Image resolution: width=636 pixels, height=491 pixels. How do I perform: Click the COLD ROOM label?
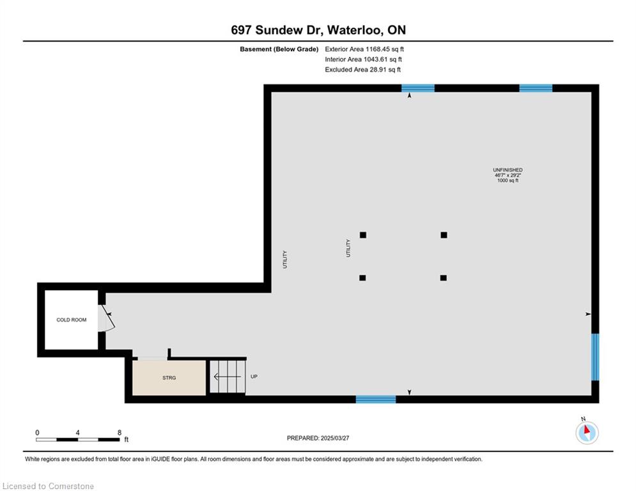(x=72, y=320)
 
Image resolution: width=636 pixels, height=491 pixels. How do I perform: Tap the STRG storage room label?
(x=169, y=378)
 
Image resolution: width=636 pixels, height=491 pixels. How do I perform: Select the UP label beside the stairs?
(x=254, y=377)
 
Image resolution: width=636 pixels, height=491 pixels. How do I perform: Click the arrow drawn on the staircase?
(x=227, y=377)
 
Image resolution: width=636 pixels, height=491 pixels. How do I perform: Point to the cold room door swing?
(x=107, y=318)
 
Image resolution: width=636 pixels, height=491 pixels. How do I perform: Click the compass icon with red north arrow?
(x=587, y=433)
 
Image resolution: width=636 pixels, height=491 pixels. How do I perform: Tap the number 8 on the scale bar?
(x=120, y=433)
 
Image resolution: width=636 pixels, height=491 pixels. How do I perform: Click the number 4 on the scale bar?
(x=77, y=433)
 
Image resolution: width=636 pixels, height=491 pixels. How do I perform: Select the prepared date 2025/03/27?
(x=335, y=438)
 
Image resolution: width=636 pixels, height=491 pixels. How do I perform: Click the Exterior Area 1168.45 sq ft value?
(x=364, y=49)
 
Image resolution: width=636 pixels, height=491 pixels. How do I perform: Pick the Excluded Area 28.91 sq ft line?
(x=362, y=70)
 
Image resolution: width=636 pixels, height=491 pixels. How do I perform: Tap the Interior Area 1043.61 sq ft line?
(x=364, y=59)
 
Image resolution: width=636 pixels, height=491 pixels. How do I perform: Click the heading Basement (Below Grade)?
(x=279, y=49)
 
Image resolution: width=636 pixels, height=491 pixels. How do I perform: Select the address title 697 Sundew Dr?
(x=276, y=30)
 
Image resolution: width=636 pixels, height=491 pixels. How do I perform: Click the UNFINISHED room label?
(x=508, y=170)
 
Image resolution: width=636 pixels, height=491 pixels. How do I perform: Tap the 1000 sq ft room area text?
(x=508, y=180)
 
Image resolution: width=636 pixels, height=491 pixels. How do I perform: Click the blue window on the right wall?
(x=595, y=357)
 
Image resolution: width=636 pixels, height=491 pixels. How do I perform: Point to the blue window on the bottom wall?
(x=376, y=400)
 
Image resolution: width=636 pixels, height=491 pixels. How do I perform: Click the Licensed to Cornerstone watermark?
(x=48, y=486)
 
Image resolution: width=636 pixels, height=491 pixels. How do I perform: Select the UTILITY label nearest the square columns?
(x=348, y=248)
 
